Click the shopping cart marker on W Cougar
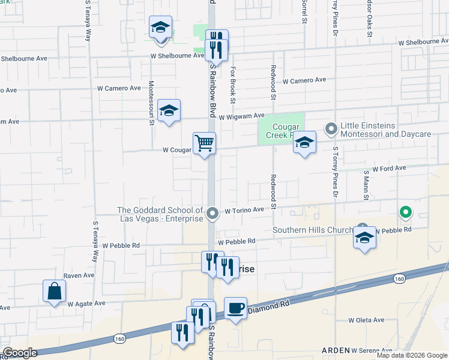click(204, 144)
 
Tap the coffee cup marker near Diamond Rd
click(235, 308)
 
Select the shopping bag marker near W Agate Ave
click(54, 292)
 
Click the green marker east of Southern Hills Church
click(406, 212)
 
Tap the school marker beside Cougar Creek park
click(305, 143)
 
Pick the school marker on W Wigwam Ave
click(169, 111)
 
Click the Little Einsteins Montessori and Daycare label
click(386, 130)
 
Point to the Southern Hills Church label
click(312, 230)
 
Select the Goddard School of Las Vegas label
click(160, 214)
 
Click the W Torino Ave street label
click(244, 211)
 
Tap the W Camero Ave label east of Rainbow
click(304, 80)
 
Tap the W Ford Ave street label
click(390, 169)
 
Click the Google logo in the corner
click(19, 353)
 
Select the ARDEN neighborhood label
click(336, 350)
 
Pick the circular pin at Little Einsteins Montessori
click(331, 128)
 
